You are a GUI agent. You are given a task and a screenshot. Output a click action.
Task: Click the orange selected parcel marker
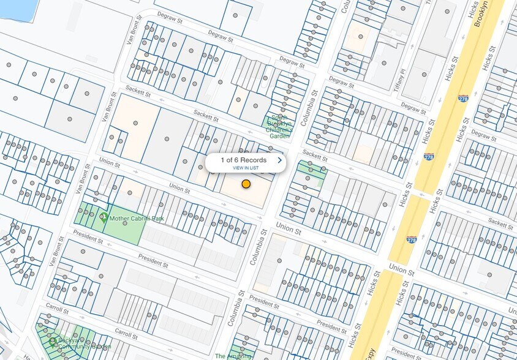[246, 184]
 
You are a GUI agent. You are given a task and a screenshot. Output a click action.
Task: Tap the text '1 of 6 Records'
[244, 160]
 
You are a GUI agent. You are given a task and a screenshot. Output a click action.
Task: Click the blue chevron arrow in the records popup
[280, 160]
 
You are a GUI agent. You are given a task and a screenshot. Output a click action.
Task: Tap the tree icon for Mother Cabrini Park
[104, 218]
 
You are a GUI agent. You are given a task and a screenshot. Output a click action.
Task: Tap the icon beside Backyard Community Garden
[53, 340]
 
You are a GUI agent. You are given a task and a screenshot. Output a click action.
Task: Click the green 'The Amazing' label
[233, 356]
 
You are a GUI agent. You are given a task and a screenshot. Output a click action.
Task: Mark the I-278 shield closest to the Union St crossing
[411, 241]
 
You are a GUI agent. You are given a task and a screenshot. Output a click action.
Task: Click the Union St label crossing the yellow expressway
[401, 269]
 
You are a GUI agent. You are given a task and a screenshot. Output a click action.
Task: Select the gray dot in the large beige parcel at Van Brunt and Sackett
[135, 123]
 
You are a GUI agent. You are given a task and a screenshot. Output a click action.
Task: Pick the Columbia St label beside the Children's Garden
[313, 104]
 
